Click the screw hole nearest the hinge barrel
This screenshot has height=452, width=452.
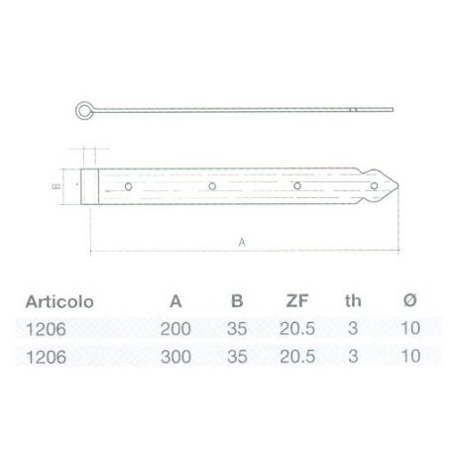[128, 185]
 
